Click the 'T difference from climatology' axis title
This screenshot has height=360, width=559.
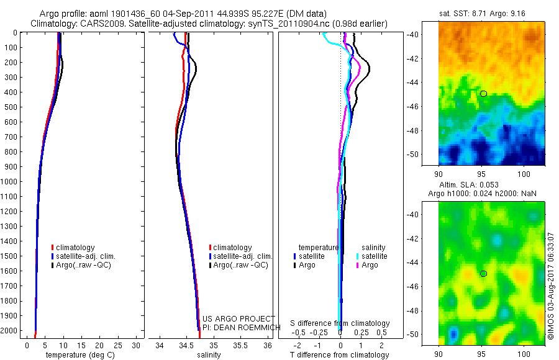tap(340, 355)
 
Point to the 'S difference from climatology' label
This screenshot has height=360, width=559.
tap(340, 323)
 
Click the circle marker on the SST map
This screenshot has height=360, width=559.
tap(483, 93)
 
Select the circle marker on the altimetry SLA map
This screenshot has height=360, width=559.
tap(483, 274)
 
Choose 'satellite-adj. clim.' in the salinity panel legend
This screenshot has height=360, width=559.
tap(243, 256)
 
